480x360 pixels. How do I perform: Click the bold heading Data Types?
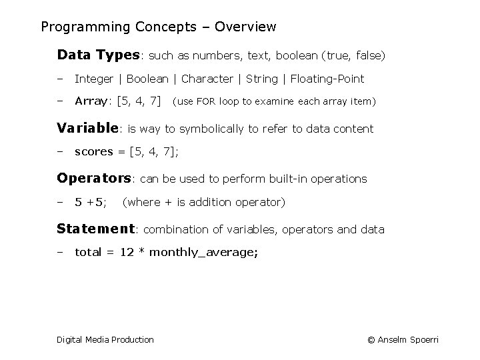pyautogui.click(x=98, y=55)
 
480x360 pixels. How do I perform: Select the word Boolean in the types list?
pyautogui.click(x=147, y=79)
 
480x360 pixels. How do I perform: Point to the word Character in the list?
pyautogui.click(x=207, y=79)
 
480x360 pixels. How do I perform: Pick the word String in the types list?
pyautogui.click(x=262, y=79)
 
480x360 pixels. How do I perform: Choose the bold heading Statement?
pyautogui.click(x=96, y=229)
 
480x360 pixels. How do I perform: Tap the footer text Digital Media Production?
pyautogui.click(x=105, y=340)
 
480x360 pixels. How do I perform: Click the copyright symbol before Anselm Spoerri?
pyautogui.click(x=371, y=340)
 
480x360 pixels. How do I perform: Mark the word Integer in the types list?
pyautogui.click(x=94, y=79)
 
